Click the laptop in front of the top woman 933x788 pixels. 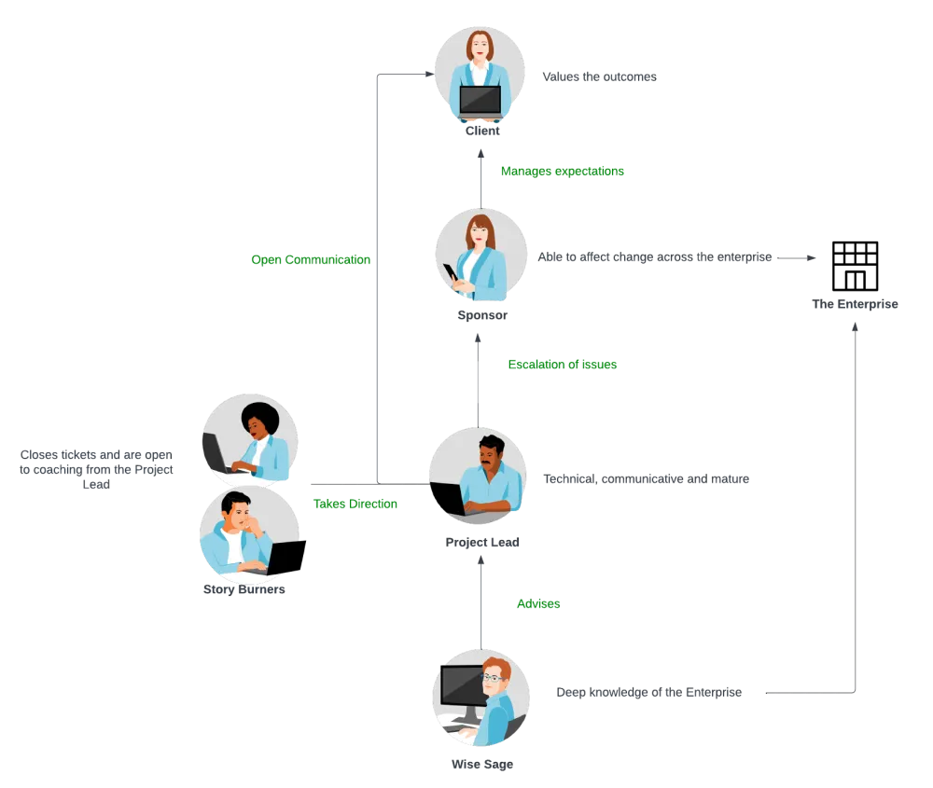click(480, 100)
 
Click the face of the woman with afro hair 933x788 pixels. click(256, 423)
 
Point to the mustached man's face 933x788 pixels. click(489, 455)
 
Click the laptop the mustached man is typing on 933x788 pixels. click(447, 494)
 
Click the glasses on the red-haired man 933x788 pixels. click(494, 678)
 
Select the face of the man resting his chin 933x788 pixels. click(240, 514)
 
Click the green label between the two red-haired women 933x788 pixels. click(562, 172)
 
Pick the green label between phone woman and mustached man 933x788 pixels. click(563, 366)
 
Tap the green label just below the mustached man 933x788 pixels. click(540, 605)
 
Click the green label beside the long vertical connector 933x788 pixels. click(310, 260)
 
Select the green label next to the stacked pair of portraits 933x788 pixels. click(355, 505)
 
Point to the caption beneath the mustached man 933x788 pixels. click(480, 544)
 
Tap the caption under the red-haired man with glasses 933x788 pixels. click(480, 766)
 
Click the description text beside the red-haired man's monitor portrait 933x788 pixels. click(649, 694)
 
